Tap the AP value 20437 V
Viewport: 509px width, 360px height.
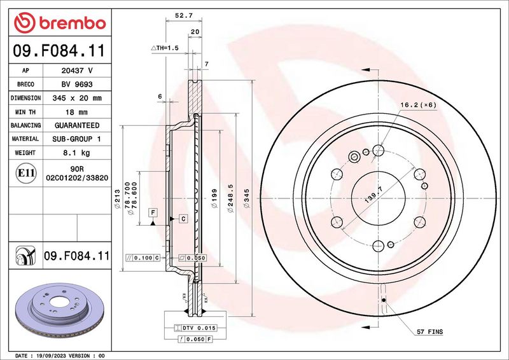tap(77, 71)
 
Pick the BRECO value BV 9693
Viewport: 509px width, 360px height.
tap(77, 85)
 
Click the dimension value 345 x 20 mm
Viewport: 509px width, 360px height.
tap(77, 99)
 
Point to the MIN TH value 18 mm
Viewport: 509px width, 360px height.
tap(77, 112)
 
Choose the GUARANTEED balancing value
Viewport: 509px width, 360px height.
tap(77, 125)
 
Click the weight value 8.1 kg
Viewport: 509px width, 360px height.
tap(77, 153)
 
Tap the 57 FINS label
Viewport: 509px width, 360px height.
tap(430, 333)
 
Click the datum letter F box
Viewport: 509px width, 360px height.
tap(153, 211)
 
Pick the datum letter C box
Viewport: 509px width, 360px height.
tap(183, 219)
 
